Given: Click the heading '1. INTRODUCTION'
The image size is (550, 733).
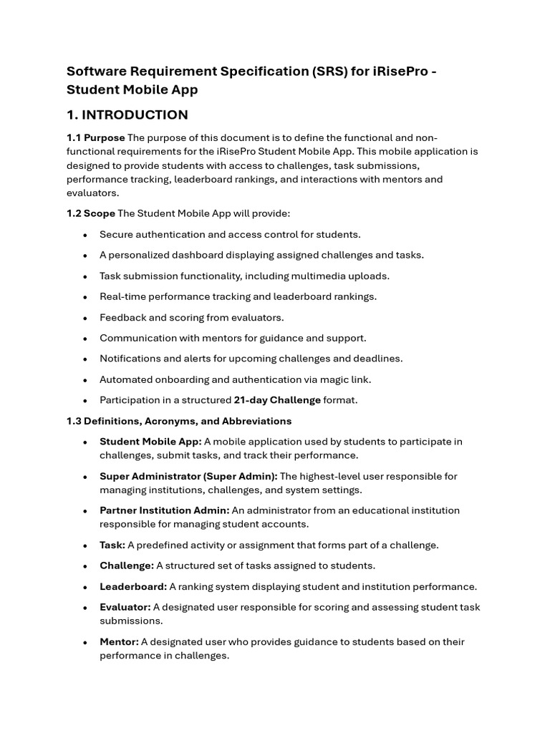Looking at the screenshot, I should coord(127,115).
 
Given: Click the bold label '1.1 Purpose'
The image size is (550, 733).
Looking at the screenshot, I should coord(96,138).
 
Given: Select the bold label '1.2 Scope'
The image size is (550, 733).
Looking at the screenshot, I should coord(91,214).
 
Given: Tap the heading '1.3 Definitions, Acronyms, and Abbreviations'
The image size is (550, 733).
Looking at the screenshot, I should coord(179,421).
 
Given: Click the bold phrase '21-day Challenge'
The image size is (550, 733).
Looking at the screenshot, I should coord(277,400).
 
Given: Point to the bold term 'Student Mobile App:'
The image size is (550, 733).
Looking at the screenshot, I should coord(150,442).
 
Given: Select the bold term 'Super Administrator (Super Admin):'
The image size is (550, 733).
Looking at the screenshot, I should coord(188,476).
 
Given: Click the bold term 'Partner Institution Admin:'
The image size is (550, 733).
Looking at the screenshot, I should coord(164,510).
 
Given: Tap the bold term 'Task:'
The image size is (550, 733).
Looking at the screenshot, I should coord(112,545).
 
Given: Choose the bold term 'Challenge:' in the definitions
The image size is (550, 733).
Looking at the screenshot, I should coord(127,565).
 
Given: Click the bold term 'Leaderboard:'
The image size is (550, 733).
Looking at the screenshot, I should coord(133,586).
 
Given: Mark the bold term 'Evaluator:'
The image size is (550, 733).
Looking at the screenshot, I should coord(125,607).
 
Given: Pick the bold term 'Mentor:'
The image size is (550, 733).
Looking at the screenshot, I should coord(119,641).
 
